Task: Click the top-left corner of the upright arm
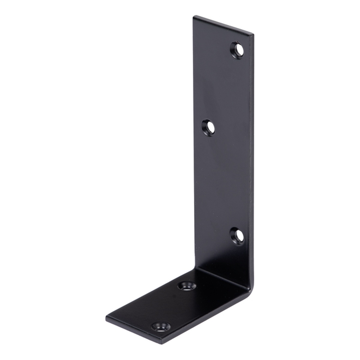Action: pyautogui.click(x=193, y=16)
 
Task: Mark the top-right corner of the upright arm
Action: pyautogui.click(x=253, y=35)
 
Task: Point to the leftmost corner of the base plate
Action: pyautogui.click(x=106, y=317)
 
